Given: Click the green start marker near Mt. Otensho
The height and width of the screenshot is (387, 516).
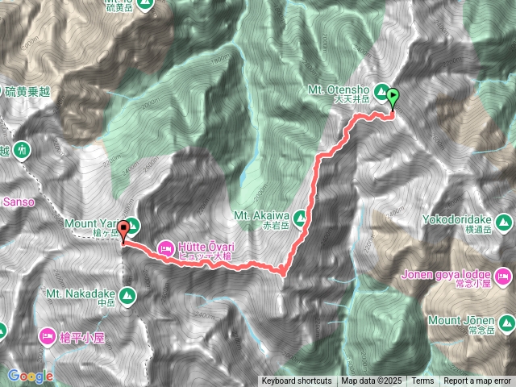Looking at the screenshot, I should click(393, 98).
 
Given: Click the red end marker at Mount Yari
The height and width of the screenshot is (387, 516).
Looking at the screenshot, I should click(123, 231).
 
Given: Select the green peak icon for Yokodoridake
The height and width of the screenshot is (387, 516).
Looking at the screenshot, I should click(505, 220).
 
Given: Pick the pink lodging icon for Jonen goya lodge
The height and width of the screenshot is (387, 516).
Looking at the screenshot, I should click(504, 278).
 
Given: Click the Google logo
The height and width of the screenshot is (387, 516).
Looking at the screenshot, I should click(31, 376).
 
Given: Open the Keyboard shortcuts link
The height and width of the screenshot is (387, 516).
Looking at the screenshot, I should click(296, 381).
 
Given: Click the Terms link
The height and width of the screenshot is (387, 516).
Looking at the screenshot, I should click(422, 381).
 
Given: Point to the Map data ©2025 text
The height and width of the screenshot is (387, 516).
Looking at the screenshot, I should click(370, 381).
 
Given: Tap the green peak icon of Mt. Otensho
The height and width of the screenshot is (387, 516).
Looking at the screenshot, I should click(382, 92).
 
